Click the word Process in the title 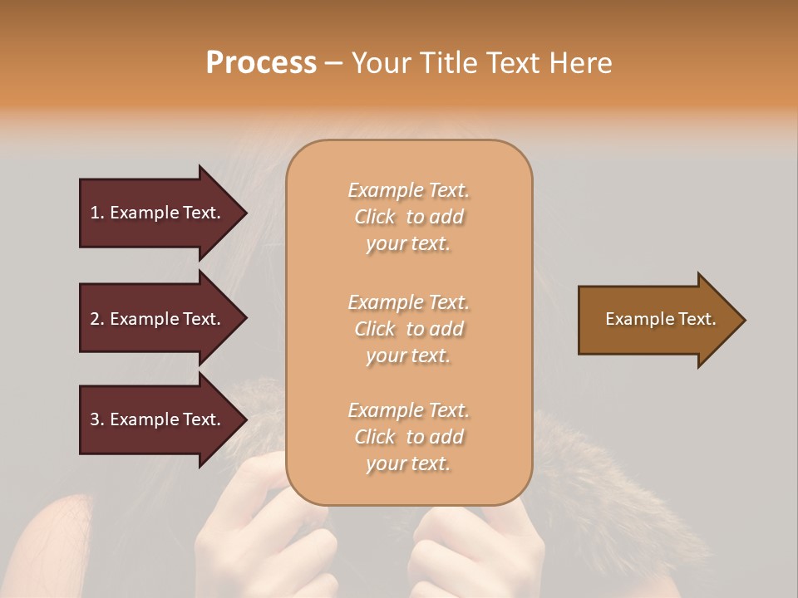[x=261, y=62]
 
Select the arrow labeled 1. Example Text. [x=155, y=213]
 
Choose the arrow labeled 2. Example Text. [x=155, y=319]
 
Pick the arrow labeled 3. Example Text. [x=155, y=419]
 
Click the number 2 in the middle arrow [x=95, y=319]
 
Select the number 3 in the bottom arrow [x=95, y=419]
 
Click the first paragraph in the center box [x=408, y=217]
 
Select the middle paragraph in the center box [x=408, y=329]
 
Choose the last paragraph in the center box [x=408, y=437]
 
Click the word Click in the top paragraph [x=375, y=217]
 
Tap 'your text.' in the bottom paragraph [x=408, y=463]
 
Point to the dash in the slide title [x=334, y=64]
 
